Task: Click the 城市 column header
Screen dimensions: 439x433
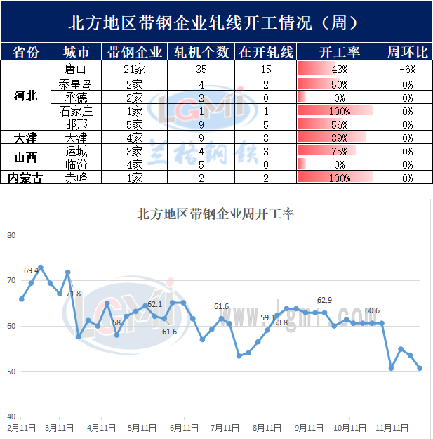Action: pyautogui.click(x=76, y=52)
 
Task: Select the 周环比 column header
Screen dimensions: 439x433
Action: pyautogui.click(x=408, y=52)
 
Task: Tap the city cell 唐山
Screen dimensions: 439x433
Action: pyautogui.click(x=76, y=69)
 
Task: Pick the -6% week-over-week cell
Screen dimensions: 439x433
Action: pyautogui.click(x=408, y=69)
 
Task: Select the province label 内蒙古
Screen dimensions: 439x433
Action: pyautogui.click(x=26, y=178)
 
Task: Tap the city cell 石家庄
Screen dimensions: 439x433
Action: pyautogui.click(x=76, y=110)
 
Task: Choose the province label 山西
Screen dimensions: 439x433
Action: pyautogui.click(x=26, y=157)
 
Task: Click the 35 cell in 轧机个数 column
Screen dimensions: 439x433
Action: pyautogui.click(x=201, y=69)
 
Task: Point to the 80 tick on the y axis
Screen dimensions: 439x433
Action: pyautogui.click(x=11, y=235)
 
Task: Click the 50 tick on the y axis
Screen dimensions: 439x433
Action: pyautogui.click(x=11, y=371)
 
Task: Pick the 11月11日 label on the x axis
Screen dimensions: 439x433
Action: pyautogui.click(x=391, y=427)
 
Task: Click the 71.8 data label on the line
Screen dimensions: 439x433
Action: pyautogui.click(x=73, y=294)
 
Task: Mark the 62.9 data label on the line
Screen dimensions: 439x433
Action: pyautogui.click(x=326, y=301)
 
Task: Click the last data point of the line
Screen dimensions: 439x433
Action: pyautogui.click(x=420, y=368)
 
